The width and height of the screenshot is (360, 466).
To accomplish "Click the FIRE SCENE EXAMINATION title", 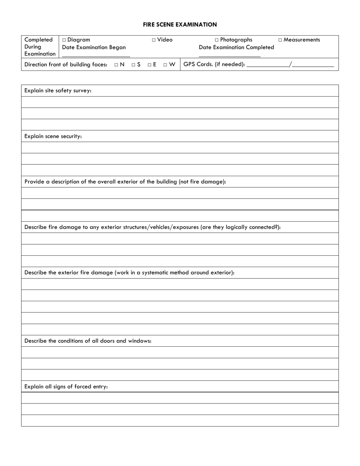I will (x=180, y=25).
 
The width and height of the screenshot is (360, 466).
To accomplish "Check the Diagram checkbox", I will (x=64, y=40).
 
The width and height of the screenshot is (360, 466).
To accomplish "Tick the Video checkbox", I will (x=154, y=40).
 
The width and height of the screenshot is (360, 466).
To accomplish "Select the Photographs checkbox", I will (x=217, y=40).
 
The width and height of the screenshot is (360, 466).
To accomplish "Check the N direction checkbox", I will (x=116, y=65).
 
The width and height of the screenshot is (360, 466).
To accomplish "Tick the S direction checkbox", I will (x=133, y=65).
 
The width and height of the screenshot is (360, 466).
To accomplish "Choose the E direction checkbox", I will (x=150, y=65).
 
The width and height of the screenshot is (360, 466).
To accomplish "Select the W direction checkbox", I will (x=166, y=65).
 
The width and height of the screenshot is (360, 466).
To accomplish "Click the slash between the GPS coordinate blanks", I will (x=290, y=64).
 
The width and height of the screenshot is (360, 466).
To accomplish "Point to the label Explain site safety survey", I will (x=58, y=91).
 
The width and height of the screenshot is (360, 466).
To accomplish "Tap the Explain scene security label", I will (x=53, y=136).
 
